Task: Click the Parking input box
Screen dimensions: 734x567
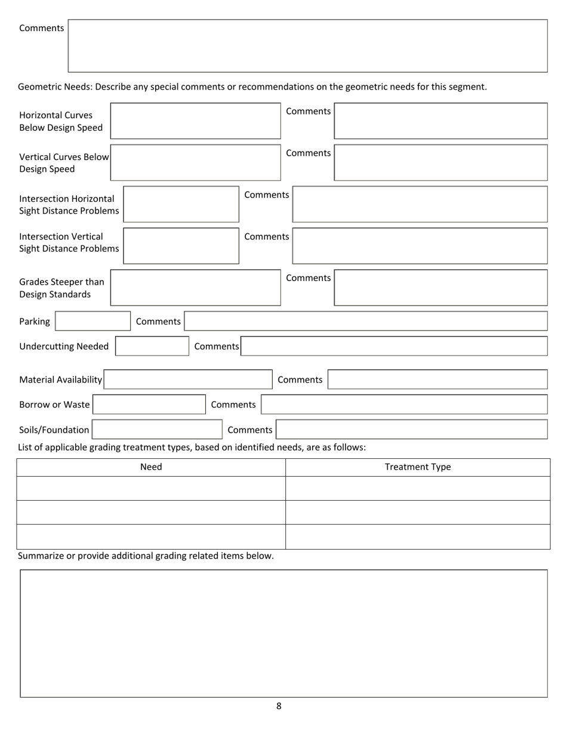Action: pyautogui.click(x=93, y=321)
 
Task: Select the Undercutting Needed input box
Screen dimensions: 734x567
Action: pyautogui.click(x=152, y=346)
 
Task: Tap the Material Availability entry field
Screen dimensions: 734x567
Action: pyautogui.click(x=188, y=380)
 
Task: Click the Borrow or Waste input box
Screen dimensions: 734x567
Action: pyautogui.click(x=149, y=405)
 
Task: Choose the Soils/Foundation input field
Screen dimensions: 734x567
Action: pyautogui.click(x=157, y=430)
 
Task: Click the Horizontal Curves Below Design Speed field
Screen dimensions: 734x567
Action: pyautogui.click(x=195, y=121)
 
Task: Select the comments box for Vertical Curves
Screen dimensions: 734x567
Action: pyautogui.click(x=440, y=162)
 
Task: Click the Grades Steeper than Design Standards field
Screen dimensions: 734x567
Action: pyautogui.click(x=195, y=288)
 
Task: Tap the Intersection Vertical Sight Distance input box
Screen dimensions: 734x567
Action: pyautogui.click(x=181, y=246)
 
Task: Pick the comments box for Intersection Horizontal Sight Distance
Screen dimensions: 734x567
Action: pyautogui.click(x=420, y=204)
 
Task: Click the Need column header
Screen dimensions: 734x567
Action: pyautogui.click(x=151, y=467)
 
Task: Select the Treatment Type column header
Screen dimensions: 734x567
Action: pyautogui.click(x=418, y=467)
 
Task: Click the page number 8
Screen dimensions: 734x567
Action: pyautogui.click(x=279, y=706)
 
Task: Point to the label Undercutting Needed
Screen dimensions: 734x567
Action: pyautogui.click(x=64, y=346)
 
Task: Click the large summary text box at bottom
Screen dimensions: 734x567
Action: pyautogui.click(x=283, y=633)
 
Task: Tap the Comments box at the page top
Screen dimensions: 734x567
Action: pyautogui.click(x=307, y=46)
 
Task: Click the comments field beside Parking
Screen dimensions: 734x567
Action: pyautogui.click(x=365, y=321)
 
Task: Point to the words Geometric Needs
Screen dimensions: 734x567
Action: pyautogui.click(x=54, y=87)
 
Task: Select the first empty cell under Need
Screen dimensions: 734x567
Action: pyautogui.click(x=151, y=488)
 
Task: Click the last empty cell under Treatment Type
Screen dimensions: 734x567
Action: pyautogui.click(x=418, y=536)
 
